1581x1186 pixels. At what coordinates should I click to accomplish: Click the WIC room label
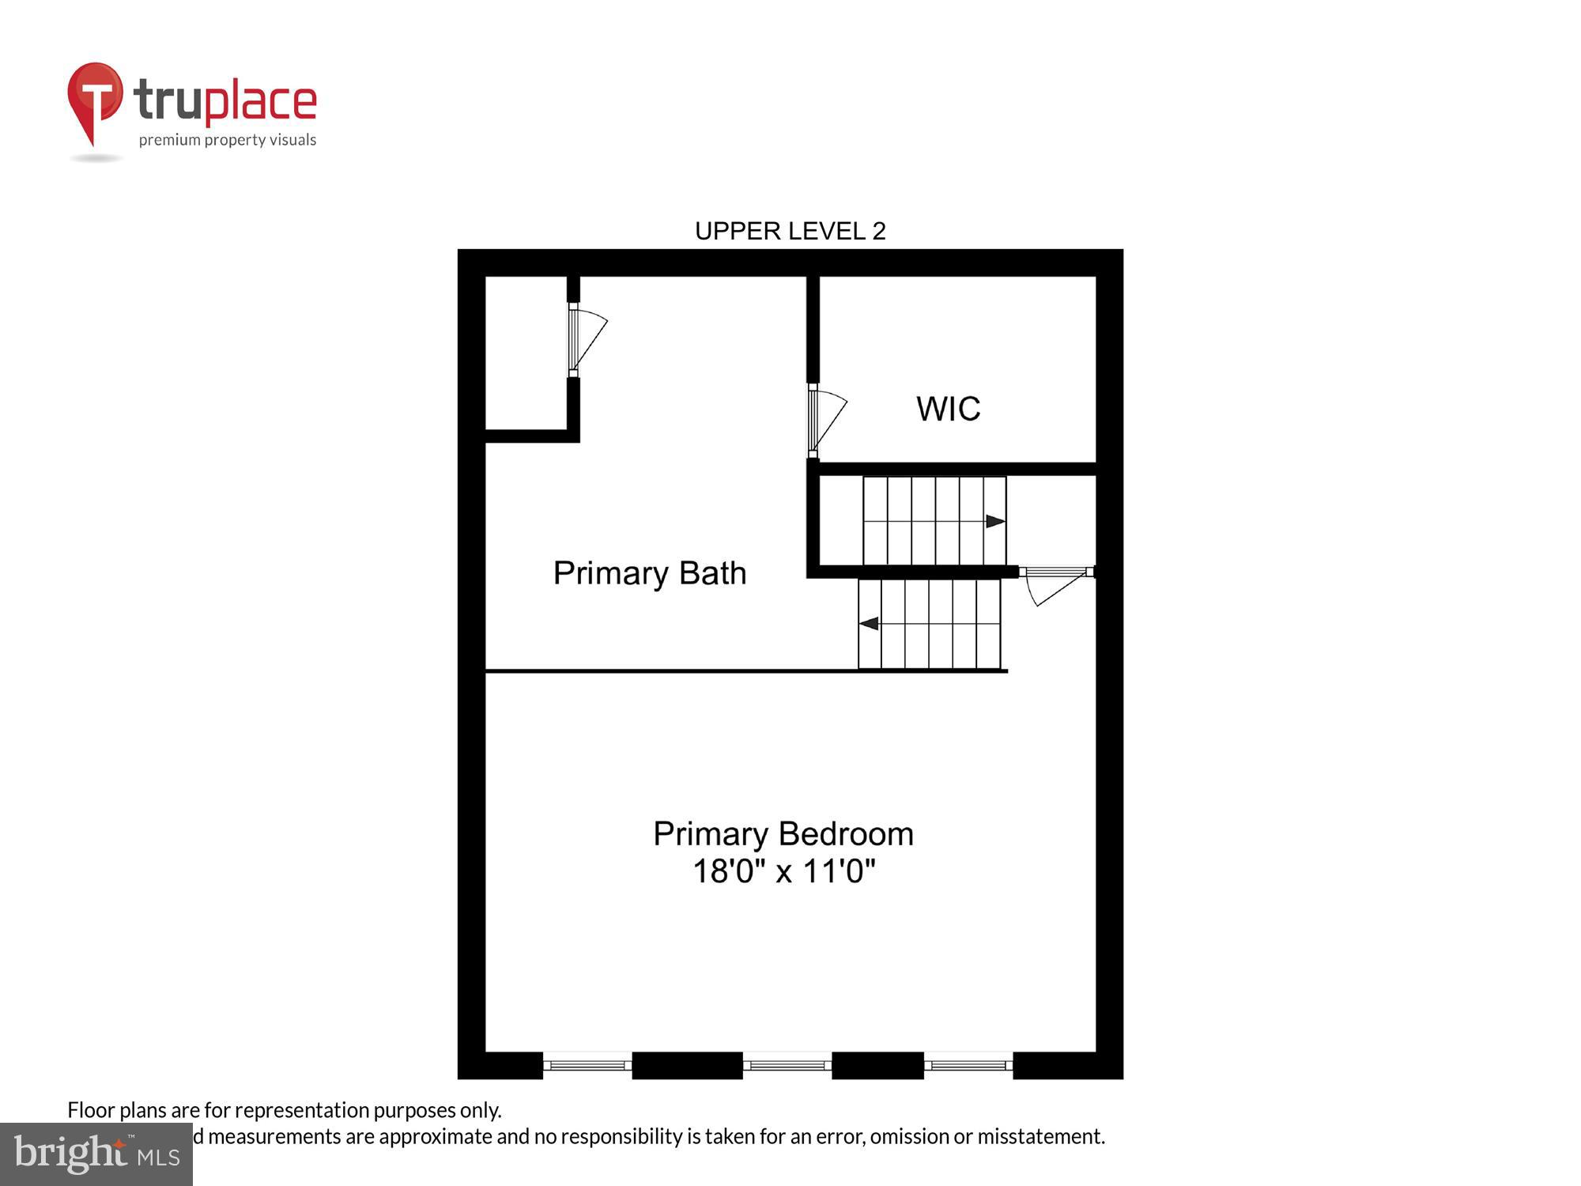pos(948,409)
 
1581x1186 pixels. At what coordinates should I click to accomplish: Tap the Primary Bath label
pos(649,573)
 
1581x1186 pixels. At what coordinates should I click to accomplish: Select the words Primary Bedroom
pos(783,834)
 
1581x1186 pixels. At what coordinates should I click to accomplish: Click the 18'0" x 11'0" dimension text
pos(784,871)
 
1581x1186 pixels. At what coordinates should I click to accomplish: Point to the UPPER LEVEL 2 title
pos(790,231)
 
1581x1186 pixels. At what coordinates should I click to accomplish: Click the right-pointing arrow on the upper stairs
pos(994,521)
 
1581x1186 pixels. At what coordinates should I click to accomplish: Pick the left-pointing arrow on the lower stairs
pos(869,624)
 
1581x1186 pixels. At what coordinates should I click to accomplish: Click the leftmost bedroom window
pos(587,1065)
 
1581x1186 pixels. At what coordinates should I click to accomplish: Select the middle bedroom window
pos(787,1065)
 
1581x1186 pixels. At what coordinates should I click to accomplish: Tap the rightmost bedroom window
pos(968,1065)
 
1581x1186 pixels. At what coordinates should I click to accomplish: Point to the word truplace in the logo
pos(225,101)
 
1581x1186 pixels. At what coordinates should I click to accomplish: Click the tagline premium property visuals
pos(228,141)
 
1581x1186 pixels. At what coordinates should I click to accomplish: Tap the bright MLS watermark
pos(96,1154)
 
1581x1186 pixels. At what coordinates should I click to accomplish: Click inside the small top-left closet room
pos(526,353)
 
